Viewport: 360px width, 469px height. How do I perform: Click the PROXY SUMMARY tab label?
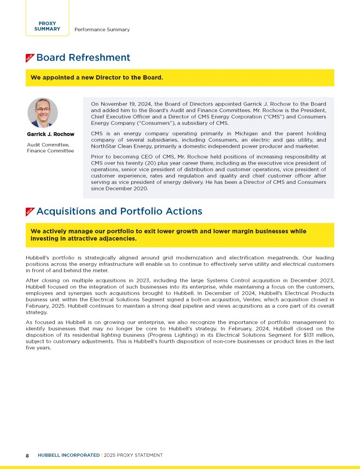point(47,26)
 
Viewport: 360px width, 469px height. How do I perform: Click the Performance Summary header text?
point(102,30)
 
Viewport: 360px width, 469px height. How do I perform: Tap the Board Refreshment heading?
point(83,58)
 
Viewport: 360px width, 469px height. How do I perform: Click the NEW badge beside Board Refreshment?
point(30,58)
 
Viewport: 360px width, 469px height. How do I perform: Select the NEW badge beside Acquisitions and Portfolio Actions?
point(30,212)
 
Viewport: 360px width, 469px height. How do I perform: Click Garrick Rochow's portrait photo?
point(43,113)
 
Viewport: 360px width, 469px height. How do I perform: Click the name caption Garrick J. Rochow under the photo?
point(50,135)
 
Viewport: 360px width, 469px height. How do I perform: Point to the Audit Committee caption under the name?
point(48,144)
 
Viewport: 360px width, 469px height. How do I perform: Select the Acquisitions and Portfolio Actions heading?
point(119,212)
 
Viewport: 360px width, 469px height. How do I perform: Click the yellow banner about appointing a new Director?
point(180,77)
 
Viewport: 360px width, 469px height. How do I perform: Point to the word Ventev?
point(266,299)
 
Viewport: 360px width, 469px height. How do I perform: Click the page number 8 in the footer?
point(27,455)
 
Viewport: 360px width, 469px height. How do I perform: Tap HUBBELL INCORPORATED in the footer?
point(68,455)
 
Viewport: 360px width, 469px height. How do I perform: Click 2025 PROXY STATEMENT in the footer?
point(133,455)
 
